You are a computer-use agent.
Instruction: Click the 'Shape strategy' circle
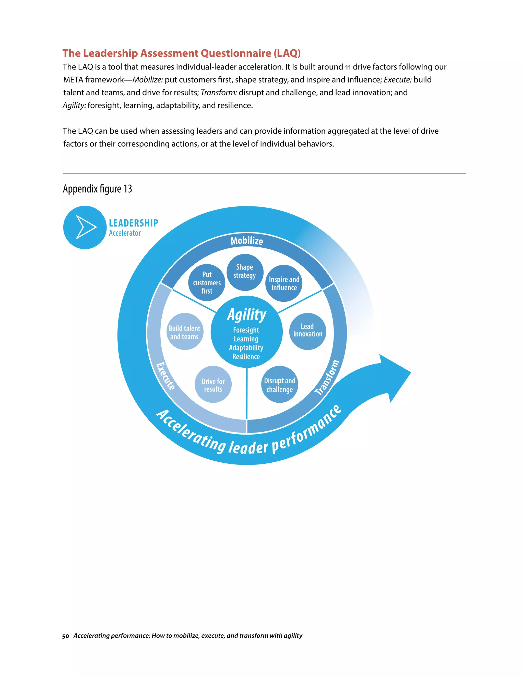click(x=245, y=272)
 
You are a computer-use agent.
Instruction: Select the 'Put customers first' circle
click(x=207, y=282)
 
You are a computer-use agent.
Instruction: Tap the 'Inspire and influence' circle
click(x=284, y=283)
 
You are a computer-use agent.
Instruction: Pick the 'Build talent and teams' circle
click(x=184, y=332)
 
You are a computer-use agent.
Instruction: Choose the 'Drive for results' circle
click(x=213, y=385)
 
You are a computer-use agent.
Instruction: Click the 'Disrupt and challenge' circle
click(x=279, y=385)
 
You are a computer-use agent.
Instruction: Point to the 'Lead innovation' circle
click(x=308, y=330)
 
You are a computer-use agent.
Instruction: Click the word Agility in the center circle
click(x=247, y=315)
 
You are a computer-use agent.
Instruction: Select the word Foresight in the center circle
click(x=246, y=330)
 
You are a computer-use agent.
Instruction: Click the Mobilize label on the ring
click(x=247, y=241)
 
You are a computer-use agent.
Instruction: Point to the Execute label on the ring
click(x=166, y=376)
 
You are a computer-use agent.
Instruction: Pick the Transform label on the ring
click(x=327, y=377)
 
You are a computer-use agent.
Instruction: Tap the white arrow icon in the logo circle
click(x=86, y=227)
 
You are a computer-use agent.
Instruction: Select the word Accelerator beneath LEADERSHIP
click(x=125, y=233)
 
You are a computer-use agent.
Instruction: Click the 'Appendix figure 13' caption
click(x=97, y=189)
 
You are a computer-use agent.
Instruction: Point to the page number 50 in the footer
click(x=65, y=636)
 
